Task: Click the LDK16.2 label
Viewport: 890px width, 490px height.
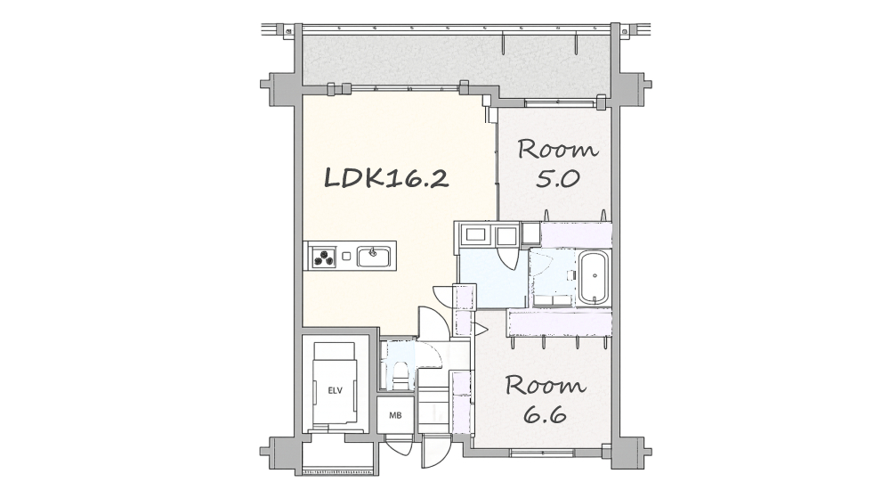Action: point(386,178)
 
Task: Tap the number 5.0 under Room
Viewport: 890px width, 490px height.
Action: point(557,179)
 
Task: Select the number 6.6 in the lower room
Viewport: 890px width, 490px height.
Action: point(545,415)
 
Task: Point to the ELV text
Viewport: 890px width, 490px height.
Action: point(335,390)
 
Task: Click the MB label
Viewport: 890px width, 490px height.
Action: point(395,415)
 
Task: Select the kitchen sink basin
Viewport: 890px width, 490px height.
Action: point(374,257)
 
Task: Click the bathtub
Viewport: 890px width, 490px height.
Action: point(594,278)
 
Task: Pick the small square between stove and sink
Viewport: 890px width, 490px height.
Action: point(346,256)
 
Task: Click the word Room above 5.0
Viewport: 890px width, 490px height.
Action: point(557,149)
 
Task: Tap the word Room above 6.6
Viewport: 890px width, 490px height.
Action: point(545,386)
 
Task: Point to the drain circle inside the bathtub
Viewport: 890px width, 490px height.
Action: point(595,275)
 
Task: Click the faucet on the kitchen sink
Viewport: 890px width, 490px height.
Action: point(373,250)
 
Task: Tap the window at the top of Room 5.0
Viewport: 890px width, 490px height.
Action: point(561,103)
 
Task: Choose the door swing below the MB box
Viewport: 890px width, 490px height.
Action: point(400,445)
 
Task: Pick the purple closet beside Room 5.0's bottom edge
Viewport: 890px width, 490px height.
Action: point(576,234)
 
